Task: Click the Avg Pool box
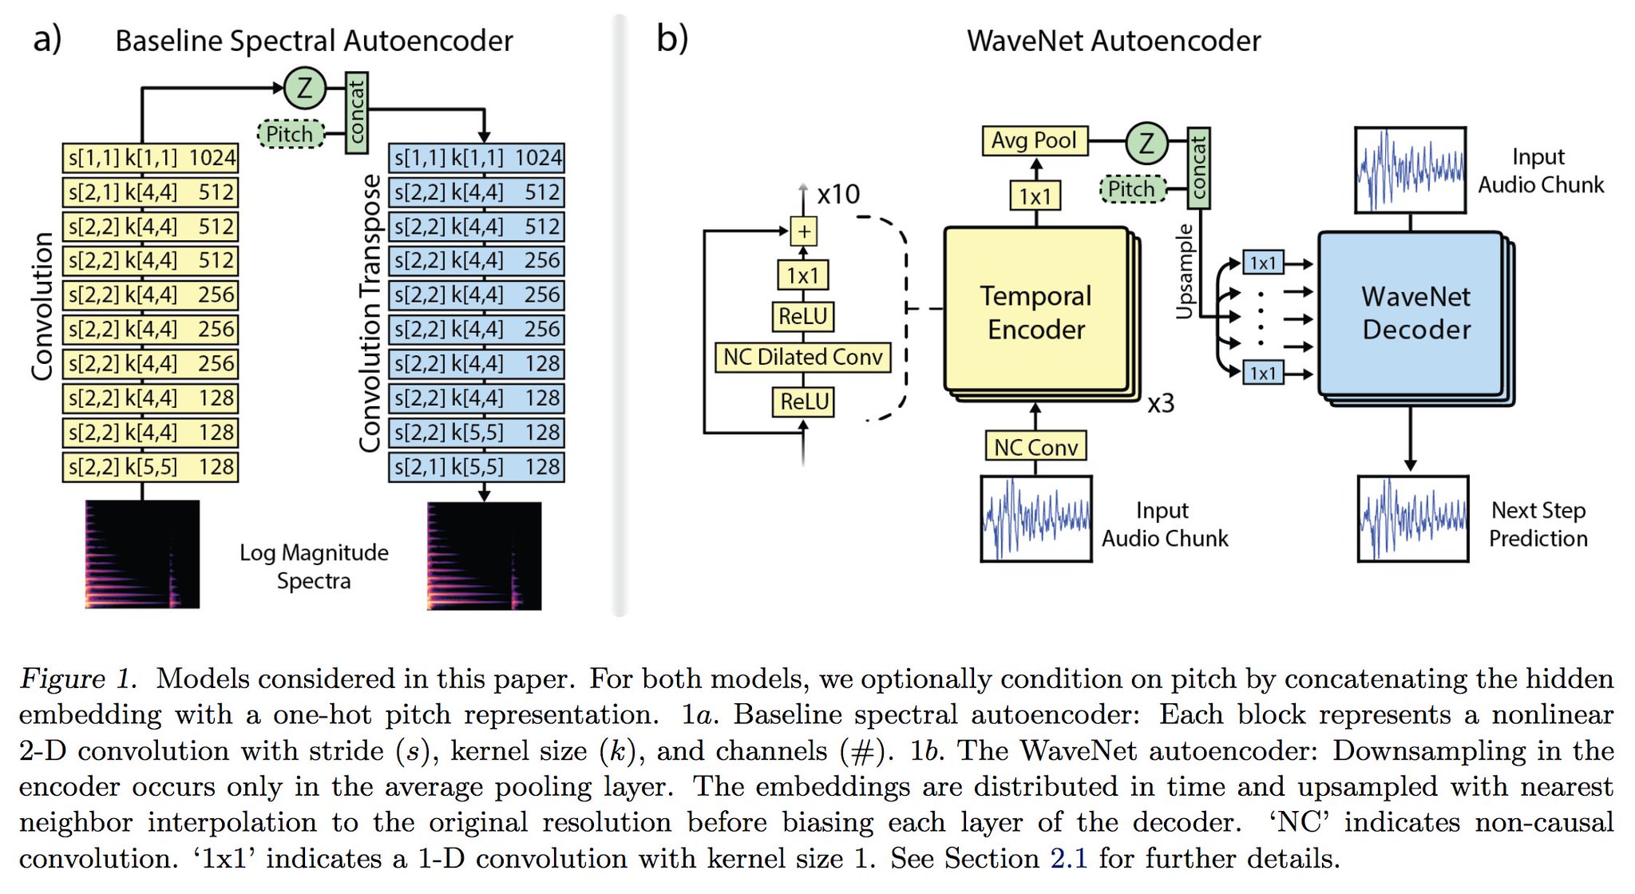(1034, 141)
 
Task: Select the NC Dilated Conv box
(802, 357)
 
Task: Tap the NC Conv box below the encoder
(1035, 447)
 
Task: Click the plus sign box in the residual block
(803, 232)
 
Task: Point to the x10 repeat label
(838, 194)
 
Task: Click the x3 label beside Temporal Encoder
(1161, 404)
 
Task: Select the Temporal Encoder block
(1035, 312)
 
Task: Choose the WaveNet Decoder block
(1411, 313)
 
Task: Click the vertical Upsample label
(1185, 271)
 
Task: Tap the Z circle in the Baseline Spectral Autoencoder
(304, 88)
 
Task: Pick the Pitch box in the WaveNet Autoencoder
(1132, 189)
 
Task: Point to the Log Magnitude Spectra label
(314, 566)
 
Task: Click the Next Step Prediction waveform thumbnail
(1412, 519)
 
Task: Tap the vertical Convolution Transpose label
(370, 313)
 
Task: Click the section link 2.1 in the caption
(1068, 859)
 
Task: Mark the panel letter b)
(671, 38)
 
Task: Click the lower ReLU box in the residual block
(803, 402)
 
